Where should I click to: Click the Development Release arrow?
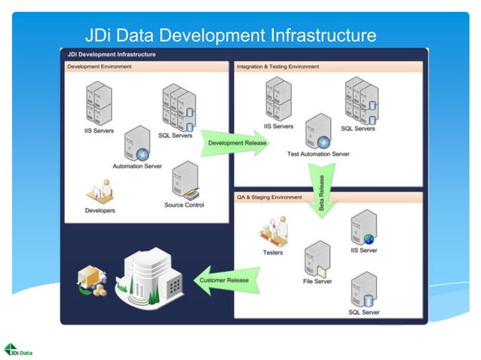pyautogui.click(x=234, y=142)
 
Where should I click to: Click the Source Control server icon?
pyautogui.click(x=184, y=182)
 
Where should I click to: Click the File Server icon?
pyautogui.click(x=317, y=260)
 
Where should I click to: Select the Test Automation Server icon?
pyautogui.click(x=318, y=132)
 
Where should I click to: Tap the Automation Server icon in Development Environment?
pyautogui.click(x=137, y=143)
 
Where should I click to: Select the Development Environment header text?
pyautogui.click(x=100, y=66)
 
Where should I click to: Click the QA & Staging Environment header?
pyautogui.click(x=270, y=197)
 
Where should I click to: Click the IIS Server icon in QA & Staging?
pyautogui.click(x=363, y=228)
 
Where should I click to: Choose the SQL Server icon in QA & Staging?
pyautogui.click(x=363, y=289)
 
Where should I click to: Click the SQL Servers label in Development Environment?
pyautogui.click(x=175, y=136)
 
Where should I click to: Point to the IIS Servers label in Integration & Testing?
pyautogui.click(x=278, y=127)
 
